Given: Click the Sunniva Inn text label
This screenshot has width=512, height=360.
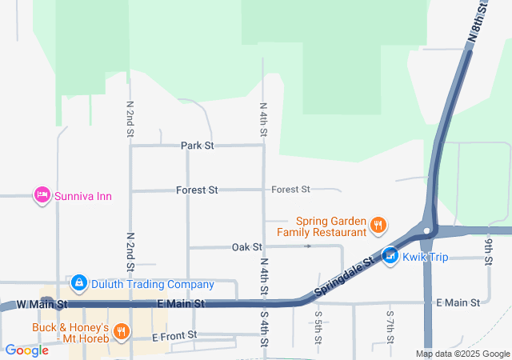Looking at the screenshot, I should pos(83,195).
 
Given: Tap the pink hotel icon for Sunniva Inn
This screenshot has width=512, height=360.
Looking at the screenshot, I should pos(42,195).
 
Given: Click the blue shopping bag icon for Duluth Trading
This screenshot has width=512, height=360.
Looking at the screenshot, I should pos(78,283).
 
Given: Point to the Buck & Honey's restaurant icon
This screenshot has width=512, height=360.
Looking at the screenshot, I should pos(121,331).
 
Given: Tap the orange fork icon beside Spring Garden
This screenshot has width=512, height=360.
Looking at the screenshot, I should pos(379,226).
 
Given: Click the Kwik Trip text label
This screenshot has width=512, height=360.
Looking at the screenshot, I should pos(426,257).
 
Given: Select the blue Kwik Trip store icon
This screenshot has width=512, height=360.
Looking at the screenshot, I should pos(390,256).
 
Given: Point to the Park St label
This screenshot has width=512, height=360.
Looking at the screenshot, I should pos(197,146).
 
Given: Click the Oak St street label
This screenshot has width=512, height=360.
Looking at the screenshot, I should pos(247,247).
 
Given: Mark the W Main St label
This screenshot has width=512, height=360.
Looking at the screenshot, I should pos(42,305).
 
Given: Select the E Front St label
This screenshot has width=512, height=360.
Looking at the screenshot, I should pos(174,337).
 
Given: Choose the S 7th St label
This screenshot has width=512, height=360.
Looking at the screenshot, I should pos(390,326).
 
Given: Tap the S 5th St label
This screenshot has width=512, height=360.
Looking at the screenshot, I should pos(318,326).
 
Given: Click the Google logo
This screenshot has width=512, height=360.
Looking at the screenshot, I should pos(26,350).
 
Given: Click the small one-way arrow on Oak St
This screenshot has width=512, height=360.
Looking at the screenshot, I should pos(308,246).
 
